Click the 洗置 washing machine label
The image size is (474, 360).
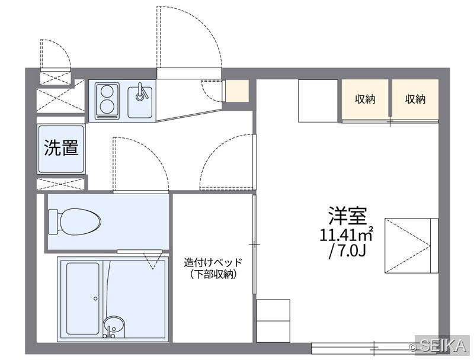pos(62,147)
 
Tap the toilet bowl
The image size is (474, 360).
pos(80,221)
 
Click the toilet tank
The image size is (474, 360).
pos(53,221)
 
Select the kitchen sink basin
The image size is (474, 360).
pos(140,102)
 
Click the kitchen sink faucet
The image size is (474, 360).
pos(140,92)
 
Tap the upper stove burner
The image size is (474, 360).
pos(107,92)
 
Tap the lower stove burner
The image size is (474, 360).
pos(107,107)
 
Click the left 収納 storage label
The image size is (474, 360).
pos(365,99)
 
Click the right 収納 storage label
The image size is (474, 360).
pos(415,99)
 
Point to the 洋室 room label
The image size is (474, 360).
pos(348,216)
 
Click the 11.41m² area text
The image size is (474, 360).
pos(347,234)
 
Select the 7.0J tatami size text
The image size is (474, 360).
pos(348,250)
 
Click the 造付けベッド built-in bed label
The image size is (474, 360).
pos(213,262)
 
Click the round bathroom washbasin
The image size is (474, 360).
pos(114,326)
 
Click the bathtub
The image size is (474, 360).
pos(83,298)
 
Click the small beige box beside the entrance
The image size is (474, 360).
pos(238,91)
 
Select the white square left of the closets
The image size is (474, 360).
pos(318,101)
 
